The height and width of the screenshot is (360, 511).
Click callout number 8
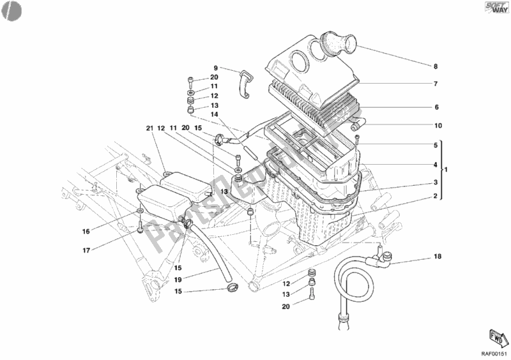pos(436,66)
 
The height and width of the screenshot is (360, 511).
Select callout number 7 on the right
pos(436,84)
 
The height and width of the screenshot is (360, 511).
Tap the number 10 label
pos(438,126)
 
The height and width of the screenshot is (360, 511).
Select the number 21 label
pos(149,128)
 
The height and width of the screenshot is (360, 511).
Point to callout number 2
pos(436,197)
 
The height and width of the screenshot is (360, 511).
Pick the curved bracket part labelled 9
pos(245,84)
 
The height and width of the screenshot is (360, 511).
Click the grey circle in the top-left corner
pos(11,10)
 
